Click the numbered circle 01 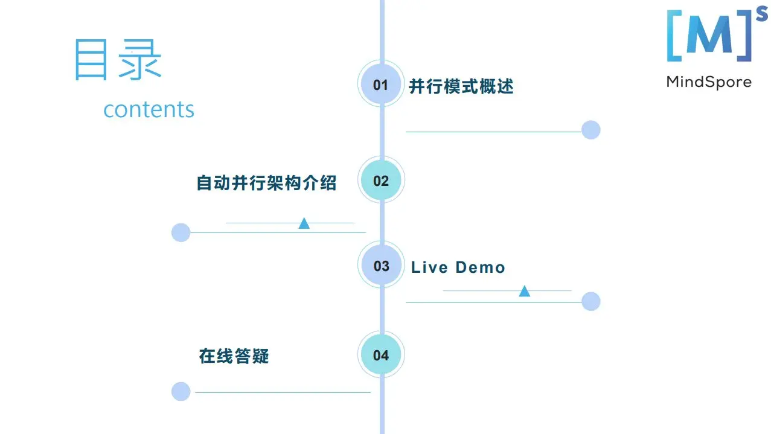(381, 85)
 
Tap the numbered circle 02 (381, 180)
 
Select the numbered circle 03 (382, 266)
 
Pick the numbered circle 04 (381, 355)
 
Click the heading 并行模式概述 (461, 86)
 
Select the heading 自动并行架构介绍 (266, 182)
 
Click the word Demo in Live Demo (480, 267)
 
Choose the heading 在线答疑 (234, 356)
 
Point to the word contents (149, 109)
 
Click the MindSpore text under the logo (709, 81)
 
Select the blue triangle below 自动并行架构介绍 (304, 223)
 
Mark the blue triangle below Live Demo (525, 292)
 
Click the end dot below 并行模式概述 (590, 130)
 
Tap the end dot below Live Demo (590, 301)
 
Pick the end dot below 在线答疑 (181, 391)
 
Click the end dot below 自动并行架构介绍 (181, 232)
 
